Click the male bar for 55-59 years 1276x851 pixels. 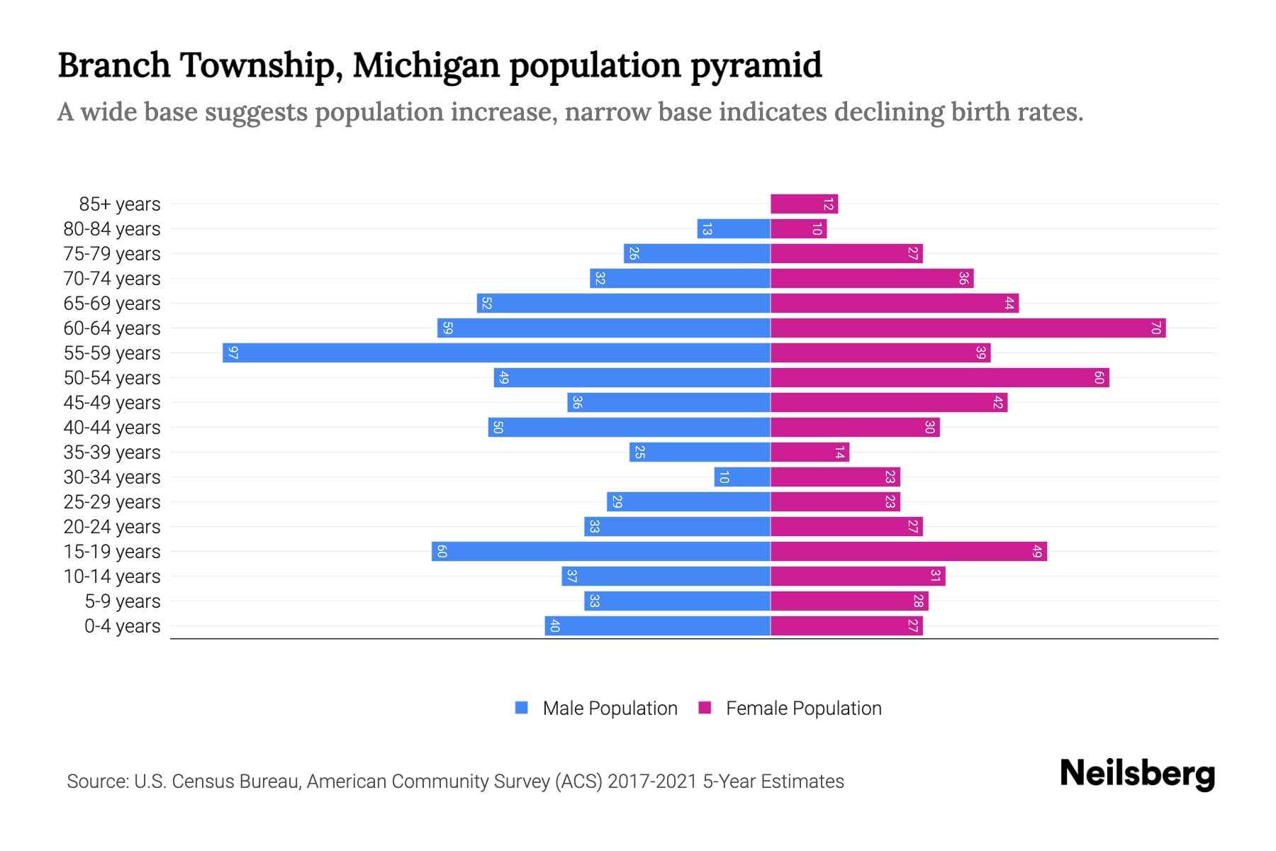(x=496, y=353)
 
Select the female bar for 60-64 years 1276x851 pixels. (x=968, y=328)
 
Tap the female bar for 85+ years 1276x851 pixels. (x=804, y=204)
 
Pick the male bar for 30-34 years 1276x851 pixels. (x=742, y=477)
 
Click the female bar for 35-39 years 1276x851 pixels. (x=810, y=452)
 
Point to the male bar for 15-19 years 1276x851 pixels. (x=601, y=552)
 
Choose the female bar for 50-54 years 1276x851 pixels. (x=939, y=378)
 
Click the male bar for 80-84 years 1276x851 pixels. (x=734, y=229)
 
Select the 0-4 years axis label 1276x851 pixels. (x=122, y=626)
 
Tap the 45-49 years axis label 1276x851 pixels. (x=112, y=403)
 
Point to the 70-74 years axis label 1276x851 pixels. (x=112, y=279)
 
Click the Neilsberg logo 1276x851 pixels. (x=1137, y=774)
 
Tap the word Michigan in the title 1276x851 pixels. (x=427, y=65)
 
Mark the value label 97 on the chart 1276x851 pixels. (x=233, y=353)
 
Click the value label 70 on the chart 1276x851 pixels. (x=1155, y=328)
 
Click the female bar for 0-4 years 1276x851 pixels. (x=846, y=626)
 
